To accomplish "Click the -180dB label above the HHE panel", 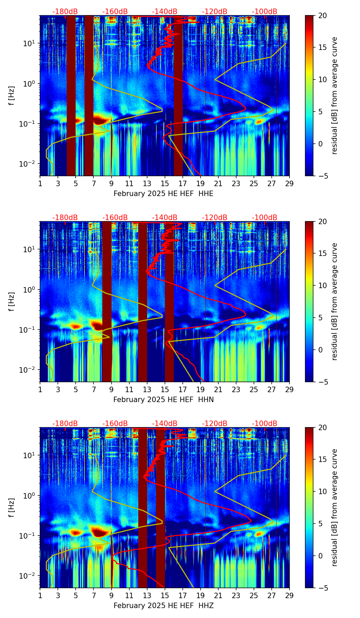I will click(x=65, y=12).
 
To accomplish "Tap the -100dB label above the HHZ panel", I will click(x=265, y=424).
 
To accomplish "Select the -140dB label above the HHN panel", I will click(x=165, y=218).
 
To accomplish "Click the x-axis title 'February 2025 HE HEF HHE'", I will click(x=163, y=194).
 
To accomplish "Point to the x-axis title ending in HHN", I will click(x=163, y=400).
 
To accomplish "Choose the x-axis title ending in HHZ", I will click(x=163, y=606).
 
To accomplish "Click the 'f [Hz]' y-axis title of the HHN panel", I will click(x=12, y=301).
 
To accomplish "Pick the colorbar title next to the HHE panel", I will click(x=334, y=95).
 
